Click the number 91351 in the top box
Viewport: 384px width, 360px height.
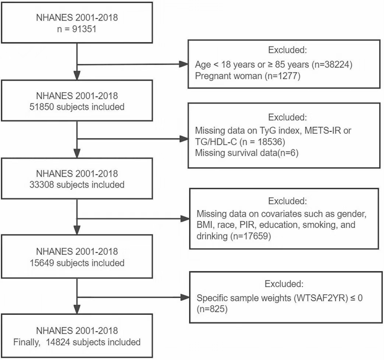84,29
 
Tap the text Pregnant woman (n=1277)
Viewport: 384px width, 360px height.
247,76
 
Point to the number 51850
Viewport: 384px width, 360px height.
42,107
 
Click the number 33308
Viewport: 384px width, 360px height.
42,185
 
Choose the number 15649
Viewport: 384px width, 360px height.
42,263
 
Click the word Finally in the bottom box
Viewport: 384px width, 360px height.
27,342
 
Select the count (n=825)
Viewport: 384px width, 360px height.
212,309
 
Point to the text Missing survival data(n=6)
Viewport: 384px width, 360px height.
247,153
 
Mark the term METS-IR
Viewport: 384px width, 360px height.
323,131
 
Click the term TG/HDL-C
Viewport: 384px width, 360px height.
216,142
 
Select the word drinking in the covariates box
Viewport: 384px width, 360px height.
212,236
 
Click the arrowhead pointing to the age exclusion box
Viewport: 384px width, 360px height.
184,64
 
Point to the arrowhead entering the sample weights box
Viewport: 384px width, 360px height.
185,297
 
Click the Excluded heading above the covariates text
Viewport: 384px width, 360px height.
288,201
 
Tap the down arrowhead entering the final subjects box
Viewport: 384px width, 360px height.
77,309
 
